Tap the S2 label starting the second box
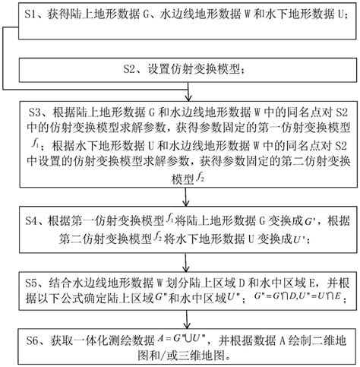coord(132,70)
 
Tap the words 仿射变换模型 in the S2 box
coord(199,70)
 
